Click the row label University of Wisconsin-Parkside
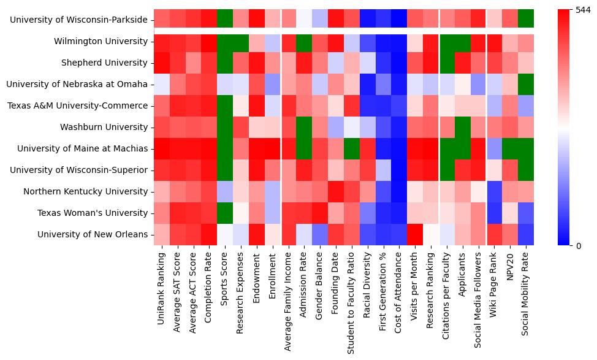click(x=79, y=20)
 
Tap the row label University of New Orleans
click(x=93, y=234)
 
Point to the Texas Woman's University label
click(x=93, y=213)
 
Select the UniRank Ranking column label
click(x=162, y=282)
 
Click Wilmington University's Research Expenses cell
click(x=241, y=41)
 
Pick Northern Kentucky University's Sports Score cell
click(x=225, y=191)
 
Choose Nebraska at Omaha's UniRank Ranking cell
click(x=162, y=84)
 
